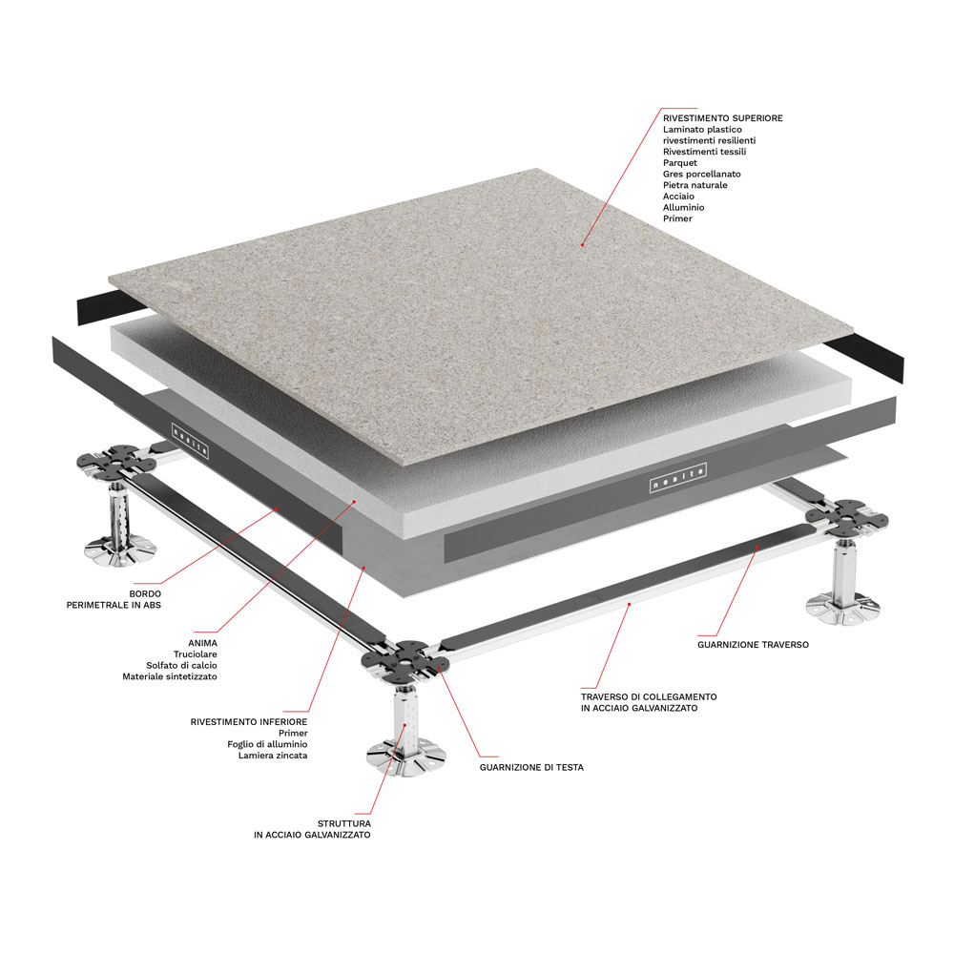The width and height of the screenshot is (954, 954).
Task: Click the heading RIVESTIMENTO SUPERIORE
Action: coord(723,118)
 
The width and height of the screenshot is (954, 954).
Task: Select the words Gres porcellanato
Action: coord(701,174)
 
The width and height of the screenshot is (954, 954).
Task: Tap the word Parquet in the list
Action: coord(680,163)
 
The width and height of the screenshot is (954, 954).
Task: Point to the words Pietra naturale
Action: coord(695,185)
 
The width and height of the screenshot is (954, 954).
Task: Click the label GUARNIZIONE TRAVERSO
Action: coord(754,644)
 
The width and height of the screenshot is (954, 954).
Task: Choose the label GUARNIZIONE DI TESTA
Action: coord(531,767)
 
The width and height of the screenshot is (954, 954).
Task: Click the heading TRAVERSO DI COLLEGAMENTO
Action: coord(649,696)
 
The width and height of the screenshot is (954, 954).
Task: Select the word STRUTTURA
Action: coord(343,823)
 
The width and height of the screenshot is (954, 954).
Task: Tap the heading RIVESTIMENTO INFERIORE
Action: coord(249,721)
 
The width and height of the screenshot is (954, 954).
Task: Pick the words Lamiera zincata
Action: coord(273,755)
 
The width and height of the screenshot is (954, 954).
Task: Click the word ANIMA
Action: coord(202,642)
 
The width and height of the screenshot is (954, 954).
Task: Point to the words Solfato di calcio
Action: coord(181,665)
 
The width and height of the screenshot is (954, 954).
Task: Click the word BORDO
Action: coord(145,593)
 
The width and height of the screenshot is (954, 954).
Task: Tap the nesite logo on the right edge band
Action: coord(677,478)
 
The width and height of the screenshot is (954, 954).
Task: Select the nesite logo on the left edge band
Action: coord(191,440)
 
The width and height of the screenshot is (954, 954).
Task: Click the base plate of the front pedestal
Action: coord(404,757)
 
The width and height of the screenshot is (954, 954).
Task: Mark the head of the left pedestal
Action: coord(116,460)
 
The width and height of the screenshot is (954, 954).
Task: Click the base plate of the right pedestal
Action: coord(842,608)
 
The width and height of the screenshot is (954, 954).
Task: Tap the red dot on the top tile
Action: coord(582,244)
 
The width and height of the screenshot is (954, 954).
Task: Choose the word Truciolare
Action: coord(195,654)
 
